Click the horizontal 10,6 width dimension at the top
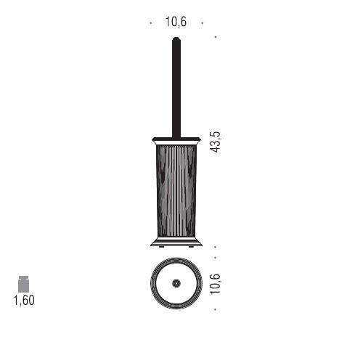pyautogui.click(x=176, y=22)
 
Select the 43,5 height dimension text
pyautogui.click(x=216, y=141)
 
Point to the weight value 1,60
pyautogui.click(x=24, y=301)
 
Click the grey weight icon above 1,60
pyautogui.click(x=24, y=284)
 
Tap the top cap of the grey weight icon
pyautogui.click(x=24, y=277)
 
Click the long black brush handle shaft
pyautogui.click(x=176, y=87)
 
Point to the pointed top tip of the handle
pyautogui.click(x=176, y=39)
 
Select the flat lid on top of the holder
pyautogui.click(x=176, y=138)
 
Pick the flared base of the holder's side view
pyautogui.click(x=176, y=240)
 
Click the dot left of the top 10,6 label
pyautogui.click(x=150, y=23)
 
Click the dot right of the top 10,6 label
pyautogui.click(x=202, y=23)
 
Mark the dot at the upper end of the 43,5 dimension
pyautogui.click(x=216, y=36)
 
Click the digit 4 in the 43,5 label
pyautogui.click(x=216, y=148)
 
